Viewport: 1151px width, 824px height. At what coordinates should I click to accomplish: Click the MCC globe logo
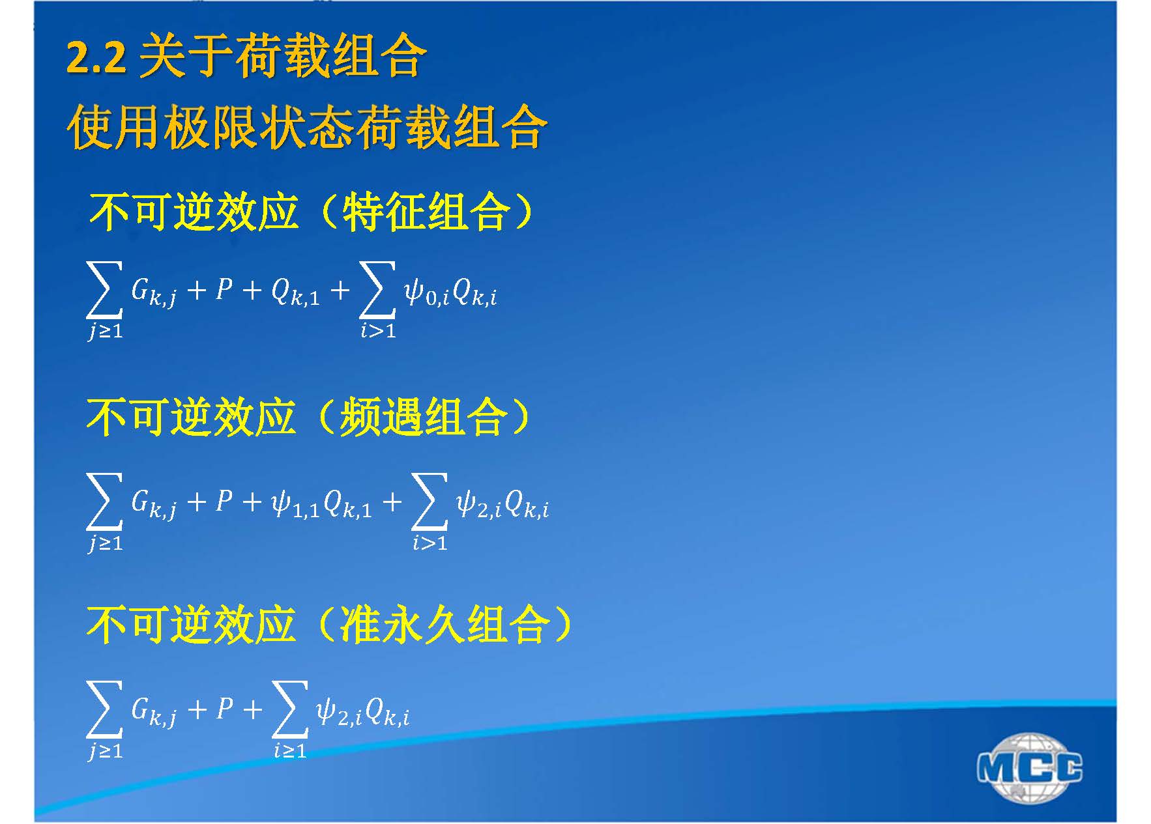(x=1030, y=767)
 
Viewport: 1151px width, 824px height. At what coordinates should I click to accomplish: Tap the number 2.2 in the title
(x=96, y=58)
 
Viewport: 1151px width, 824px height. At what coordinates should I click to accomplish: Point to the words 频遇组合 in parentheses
(x=422, y=417)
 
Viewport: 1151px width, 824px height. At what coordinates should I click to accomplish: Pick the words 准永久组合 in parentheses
(x=445, y=625)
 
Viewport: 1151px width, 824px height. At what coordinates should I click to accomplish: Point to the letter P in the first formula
(x=224, y=289)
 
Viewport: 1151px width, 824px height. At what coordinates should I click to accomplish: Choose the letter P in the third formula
(x=224, y=708)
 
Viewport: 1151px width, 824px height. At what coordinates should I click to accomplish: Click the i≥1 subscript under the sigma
(x=290, y=751)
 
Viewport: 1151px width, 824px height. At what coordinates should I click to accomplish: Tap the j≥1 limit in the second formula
(x=106, y=543)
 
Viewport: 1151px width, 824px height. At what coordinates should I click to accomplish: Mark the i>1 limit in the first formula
(x=378, y=330)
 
